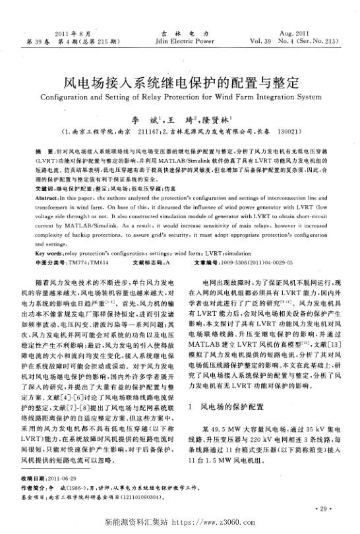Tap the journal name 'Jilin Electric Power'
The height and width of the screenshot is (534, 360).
[181, 40]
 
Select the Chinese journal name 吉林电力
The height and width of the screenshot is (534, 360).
[181, 32]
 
